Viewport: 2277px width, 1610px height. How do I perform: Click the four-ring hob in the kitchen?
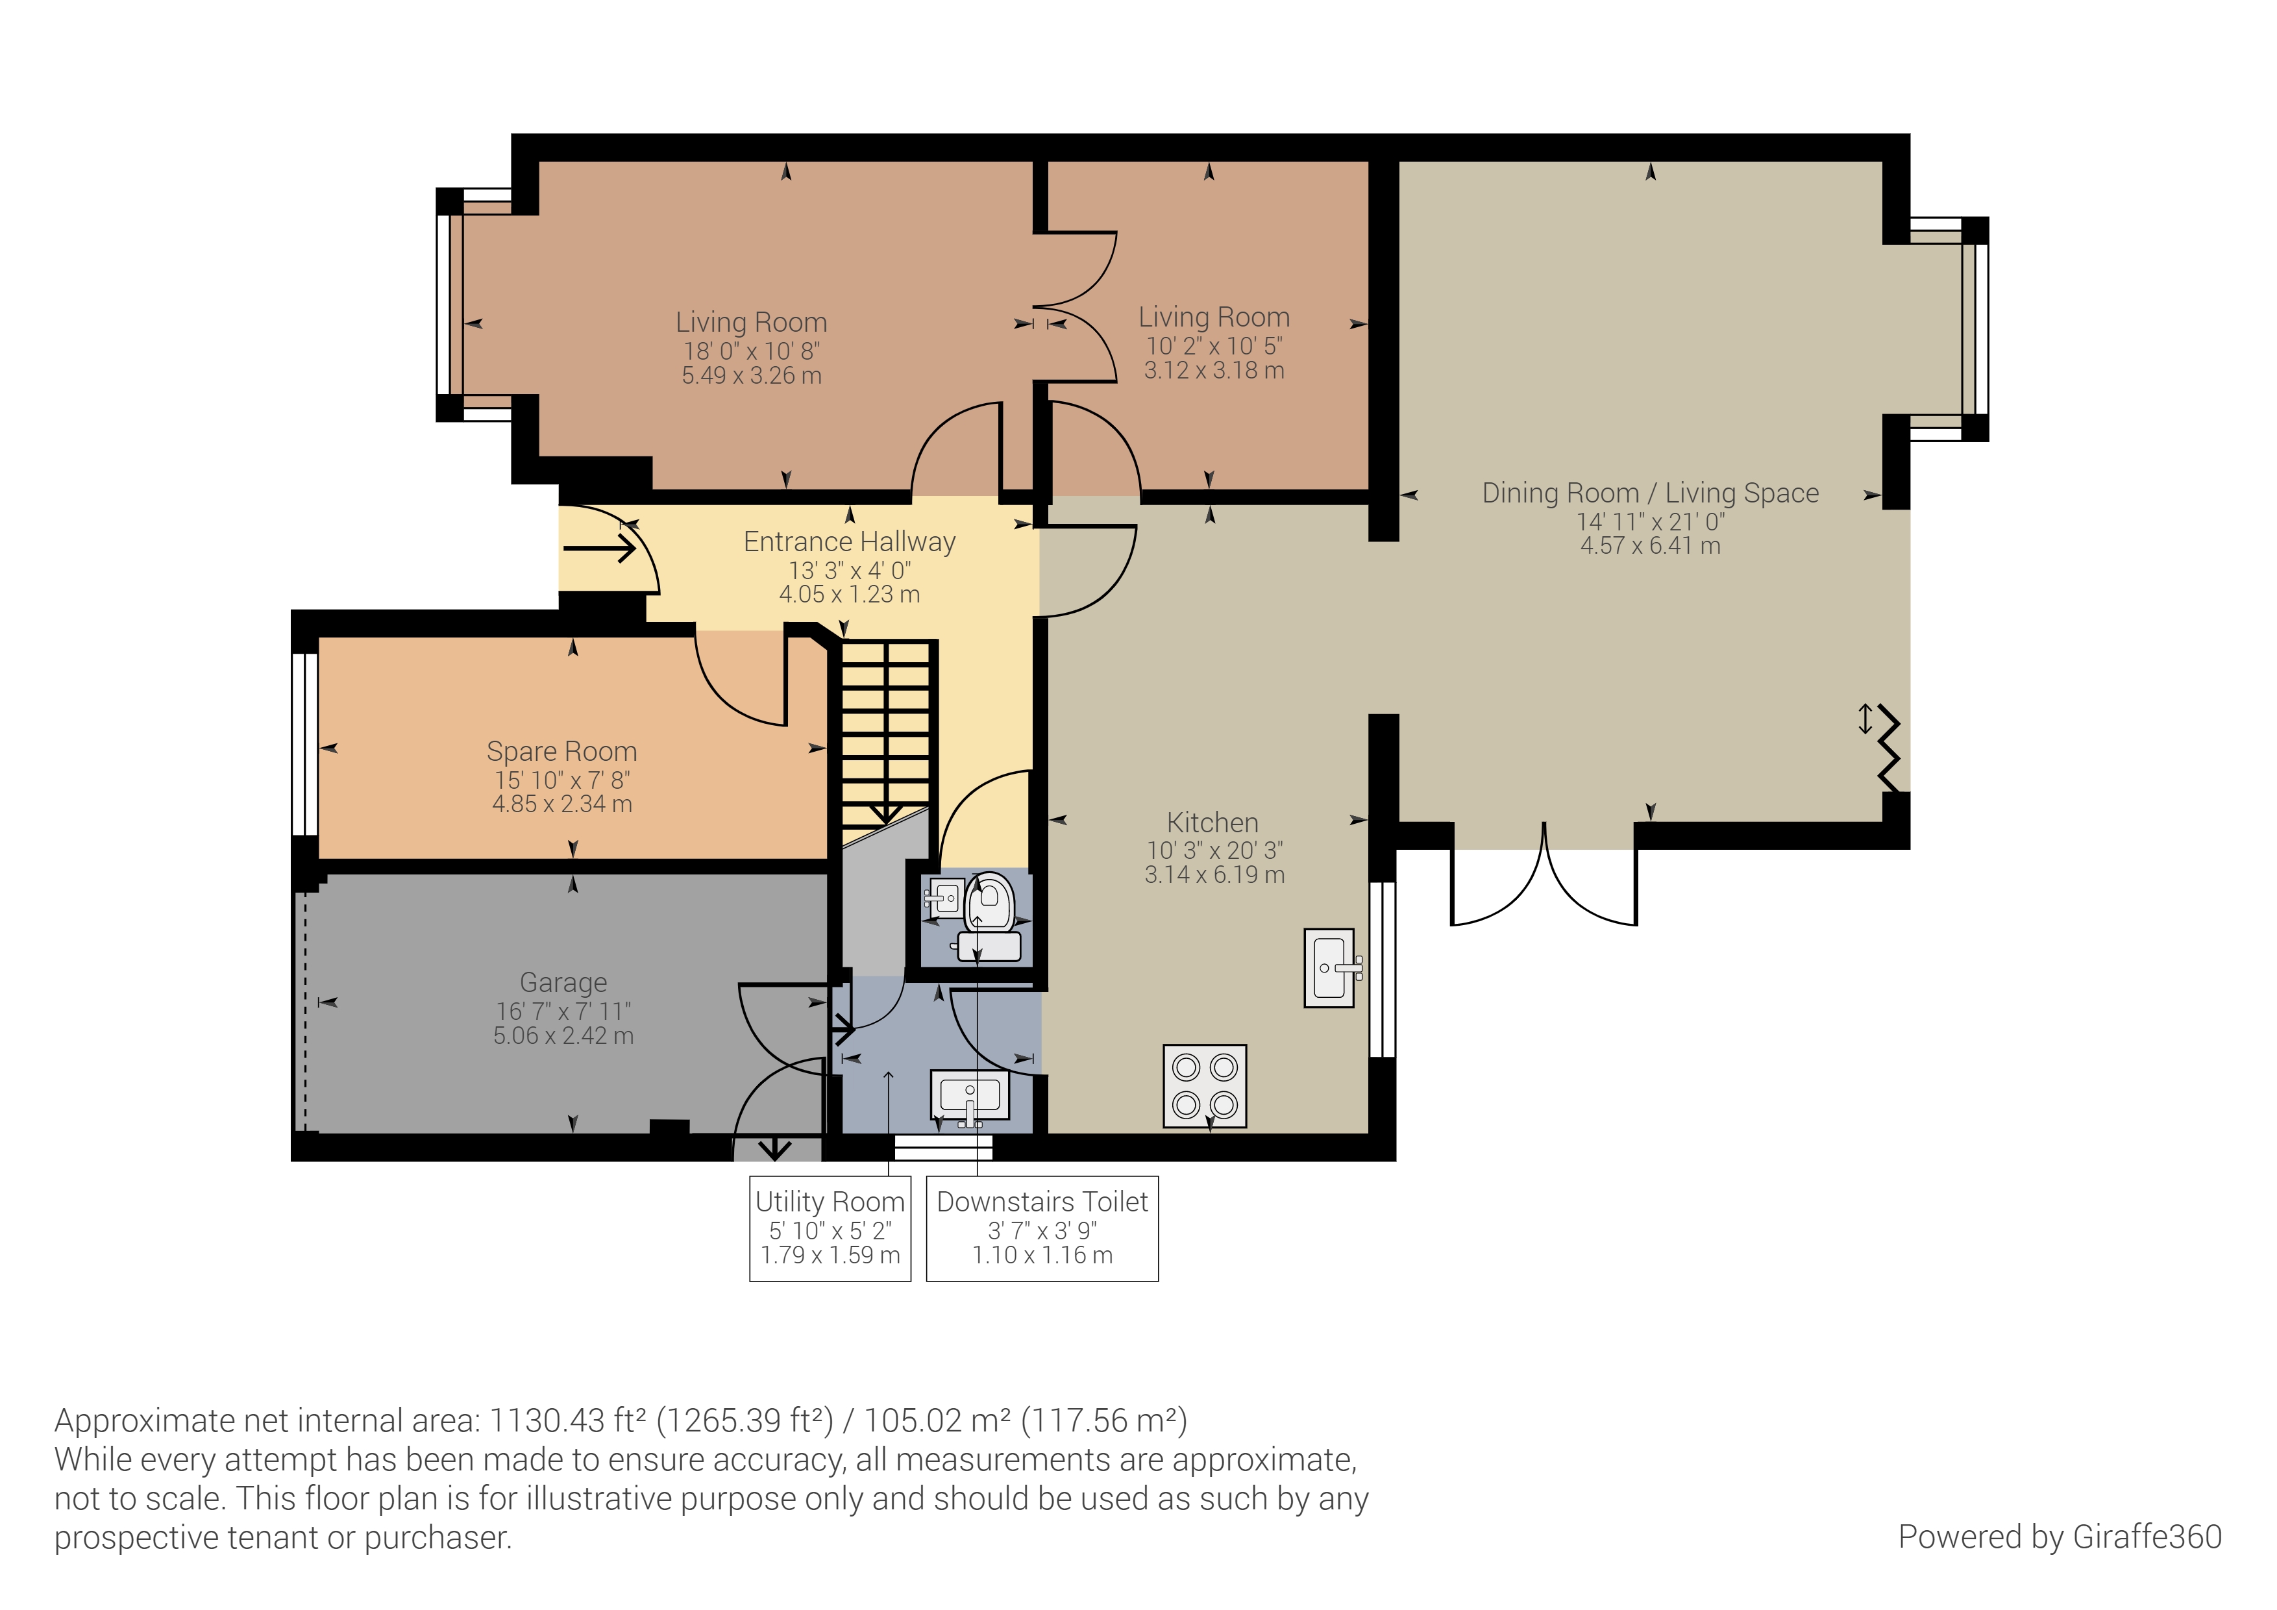coord(1204,1085)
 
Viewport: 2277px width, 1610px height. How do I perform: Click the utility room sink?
coord(970,1098)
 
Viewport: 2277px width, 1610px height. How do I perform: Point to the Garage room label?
coord(563,982)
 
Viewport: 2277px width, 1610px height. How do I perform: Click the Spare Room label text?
coord(561,751)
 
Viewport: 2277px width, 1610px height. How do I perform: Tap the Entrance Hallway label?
coord(850,541)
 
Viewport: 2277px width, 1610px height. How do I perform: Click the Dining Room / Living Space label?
coord(1650,493)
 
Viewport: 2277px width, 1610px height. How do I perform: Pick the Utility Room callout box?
coord(830,1228)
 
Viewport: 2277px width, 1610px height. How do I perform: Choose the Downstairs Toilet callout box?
coord(1042,1228)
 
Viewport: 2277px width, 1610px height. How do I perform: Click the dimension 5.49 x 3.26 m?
coord(752,375)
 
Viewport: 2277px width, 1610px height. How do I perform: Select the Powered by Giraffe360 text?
coord(2060,1537)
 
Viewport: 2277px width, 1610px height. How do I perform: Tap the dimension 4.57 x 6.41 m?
coord(1650,545)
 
